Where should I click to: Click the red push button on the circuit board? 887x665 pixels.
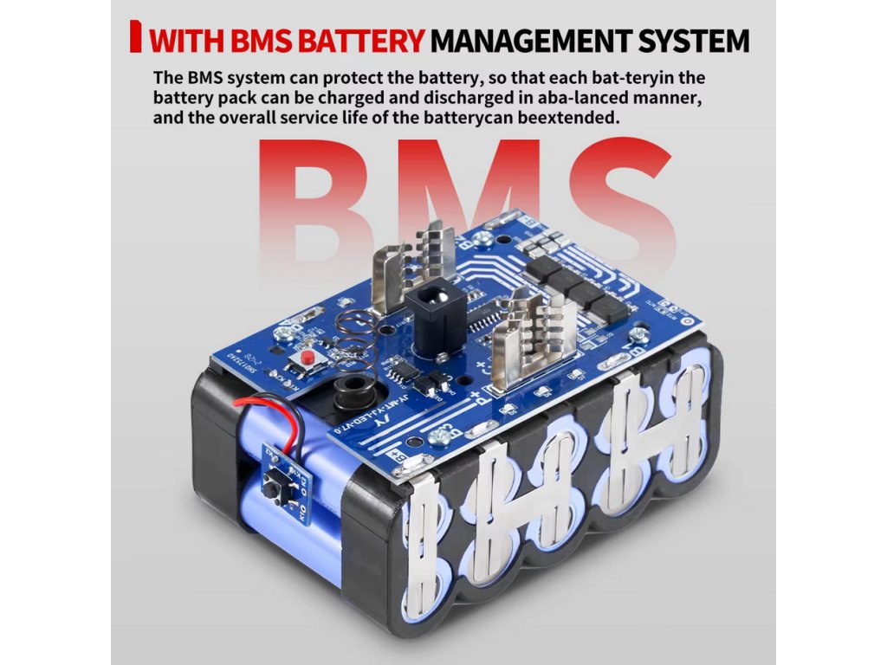306,358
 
